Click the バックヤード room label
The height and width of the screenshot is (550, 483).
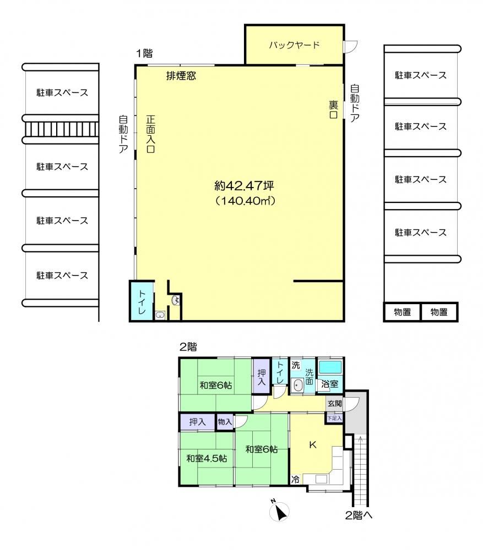point(294,45)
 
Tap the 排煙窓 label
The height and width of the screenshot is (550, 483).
point(181,76)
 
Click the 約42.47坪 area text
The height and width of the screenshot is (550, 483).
point(244,185)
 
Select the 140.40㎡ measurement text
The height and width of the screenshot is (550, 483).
point(245,201)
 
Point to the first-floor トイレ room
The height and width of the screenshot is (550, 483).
point(142,301)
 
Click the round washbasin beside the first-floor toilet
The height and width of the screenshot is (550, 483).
point(175,300)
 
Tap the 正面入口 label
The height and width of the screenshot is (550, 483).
point(151,134)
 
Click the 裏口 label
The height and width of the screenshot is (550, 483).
point(333,109)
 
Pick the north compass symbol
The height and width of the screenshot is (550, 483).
point(279,511)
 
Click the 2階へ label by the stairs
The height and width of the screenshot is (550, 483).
point(359,516)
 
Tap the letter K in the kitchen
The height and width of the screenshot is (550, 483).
point(312,445)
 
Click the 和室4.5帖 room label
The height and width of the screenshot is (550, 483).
point(207,459)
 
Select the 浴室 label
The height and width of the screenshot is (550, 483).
point(329,384)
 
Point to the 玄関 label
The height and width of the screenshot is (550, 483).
point(334,403)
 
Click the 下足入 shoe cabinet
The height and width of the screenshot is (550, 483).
point(334,418)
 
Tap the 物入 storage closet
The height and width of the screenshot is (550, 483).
point(225,422)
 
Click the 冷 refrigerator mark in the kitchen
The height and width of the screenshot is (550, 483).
point(295,479)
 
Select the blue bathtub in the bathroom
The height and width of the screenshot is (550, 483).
point(330,367)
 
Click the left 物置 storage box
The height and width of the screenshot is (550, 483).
point(402,312)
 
